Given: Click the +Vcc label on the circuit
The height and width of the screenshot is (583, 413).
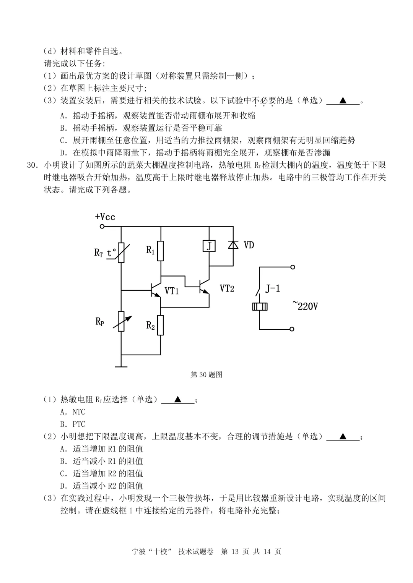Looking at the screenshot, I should click(x=105, y=217).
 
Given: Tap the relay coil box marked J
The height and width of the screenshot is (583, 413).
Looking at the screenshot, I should click(x=209, y=246).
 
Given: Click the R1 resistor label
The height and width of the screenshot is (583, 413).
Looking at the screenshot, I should click(x=151, y=250).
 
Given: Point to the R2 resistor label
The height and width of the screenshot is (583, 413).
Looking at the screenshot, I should click(x=151, y=326).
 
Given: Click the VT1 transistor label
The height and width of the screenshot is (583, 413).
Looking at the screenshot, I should click(x=172, y=291).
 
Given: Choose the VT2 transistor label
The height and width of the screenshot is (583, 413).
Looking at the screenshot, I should click(x=227, y=288).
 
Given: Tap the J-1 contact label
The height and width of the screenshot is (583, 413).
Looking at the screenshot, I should click(x=273, y=288).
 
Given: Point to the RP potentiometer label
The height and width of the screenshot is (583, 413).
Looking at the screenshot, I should click(x=100, y=322).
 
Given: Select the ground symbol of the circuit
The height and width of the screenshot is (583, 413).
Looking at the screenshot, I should click(x=121, y=366).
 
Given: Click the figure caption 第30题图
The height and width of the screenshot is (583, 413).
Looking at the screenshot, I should click(x=206, y=375).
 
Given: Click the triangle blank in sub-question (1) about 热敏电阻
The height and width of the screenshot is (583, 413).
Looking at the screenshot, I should click(x=178, y=400).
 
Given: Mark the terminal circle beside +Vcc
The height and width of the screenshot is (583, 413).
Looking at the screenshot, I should click(x=102, y=227).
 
